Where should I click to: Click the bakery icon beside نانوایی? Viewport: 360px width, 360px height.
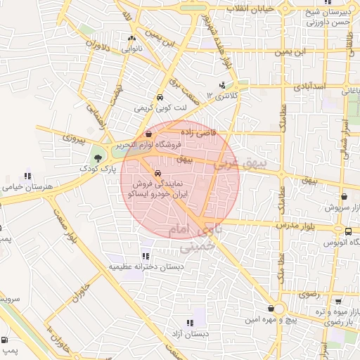(132, 39)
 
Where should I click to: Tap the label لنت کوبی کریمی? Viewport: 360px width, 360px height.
(161, 108)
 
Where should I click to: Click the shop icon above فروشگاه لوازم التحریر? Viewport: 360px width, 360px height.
(148, 134)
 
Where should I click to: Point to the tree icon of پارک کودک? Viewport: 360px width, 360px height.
(97, 157)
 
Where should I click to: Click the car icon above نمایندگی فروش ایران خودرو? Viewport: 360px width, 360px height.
(158, 172)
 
